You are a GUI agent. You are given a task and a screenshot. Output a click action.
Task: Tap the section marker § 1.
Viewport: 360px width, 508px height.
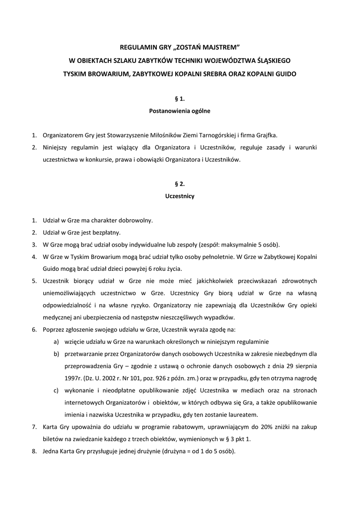180,99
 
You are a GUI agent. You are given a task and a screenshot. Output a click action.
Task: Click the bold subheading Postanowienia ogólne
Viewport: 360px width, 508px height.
180,111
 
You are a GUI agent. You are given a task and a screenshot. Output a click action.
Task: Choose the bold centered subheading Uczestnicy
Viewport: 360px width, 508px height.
180,196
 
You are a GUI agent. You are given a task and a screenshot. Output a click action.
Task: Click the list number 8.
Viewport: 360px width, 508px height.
34,451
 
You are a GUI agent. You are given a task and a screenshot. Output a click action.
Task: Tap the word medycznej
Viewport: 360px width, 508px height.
59,317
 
